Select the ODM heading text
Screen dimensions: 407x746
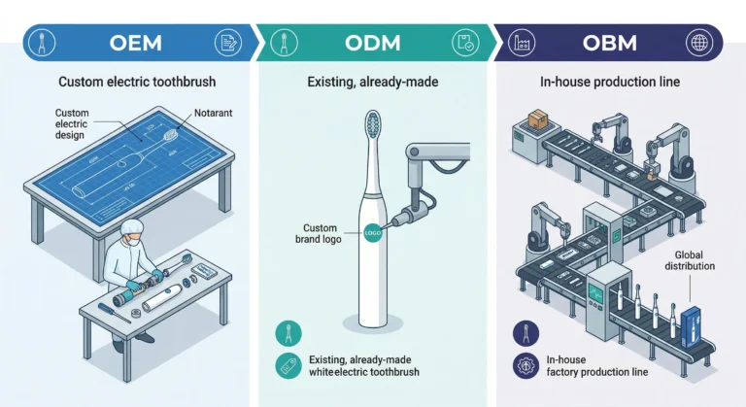pyautogui.click(x=373, y=43)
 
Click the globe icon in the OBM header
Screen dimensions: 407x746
pyautogui.click(x=698, y=43)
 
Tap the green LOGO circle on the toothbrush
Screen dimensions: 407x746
pyautogui.click(x=370, y=233)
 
